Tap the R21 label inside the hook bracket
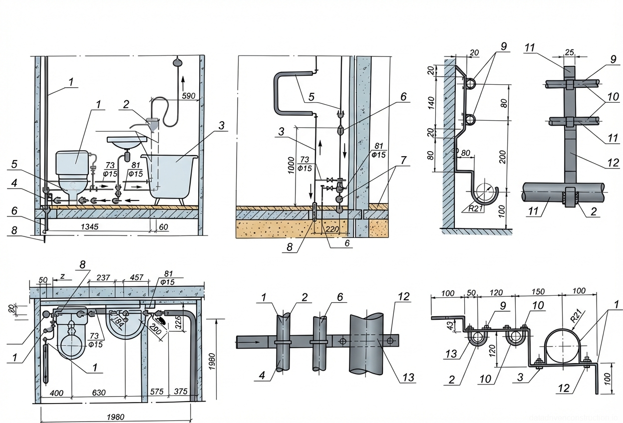point(476,209)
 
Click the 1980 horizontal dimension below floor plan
point(116,417)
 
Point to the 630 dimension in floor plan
point(99,393)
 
